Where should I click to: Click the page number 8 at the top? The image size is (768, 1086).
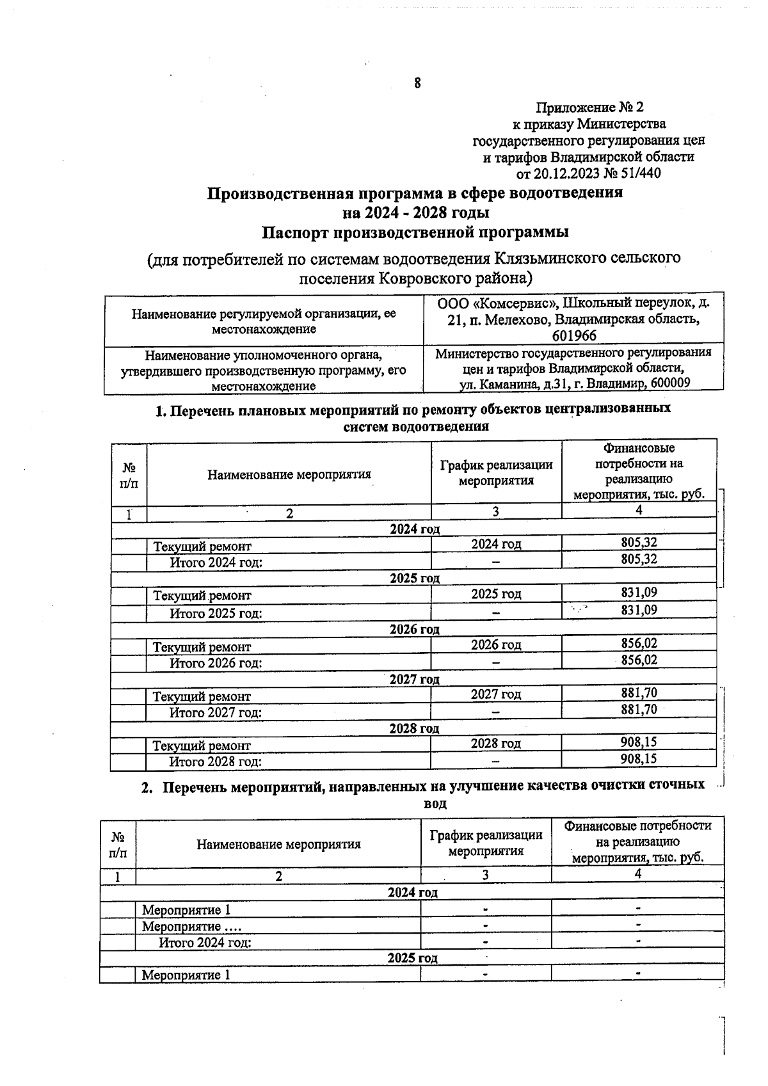tap(417, 83)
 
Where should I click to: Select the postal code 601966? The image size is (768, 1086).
tap(573, 336)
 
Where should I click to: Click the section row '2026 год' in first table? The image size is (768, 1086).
tap(414, 629)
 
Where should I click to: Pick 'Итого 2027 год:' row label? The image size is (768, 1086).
tap(215, 712)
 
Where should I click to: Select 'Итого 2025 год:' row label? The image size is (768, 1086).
tap(216, 613)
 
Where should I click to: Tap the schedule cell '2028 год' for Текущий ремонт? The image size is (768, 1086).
tap(495, 743)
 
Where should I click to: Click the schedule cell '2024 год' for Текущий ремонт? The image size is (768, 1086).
tap(496, 544)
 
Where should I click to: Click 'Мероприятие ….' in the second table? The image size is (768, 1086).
tap(192, 926)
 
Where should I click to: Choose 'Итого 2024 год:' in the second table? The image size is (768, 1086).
tap(205, 942)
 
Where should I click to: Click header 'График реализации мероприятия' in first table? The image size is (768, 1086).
tap(496, 472)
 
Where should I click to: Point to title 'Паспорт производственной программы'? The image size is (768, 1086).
tap(415, 232)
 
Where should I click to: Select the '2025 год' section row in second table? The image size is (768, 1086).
tap(412, 958)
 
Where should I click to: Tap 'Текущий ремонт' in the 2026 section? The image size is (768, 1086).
tap(202, 647)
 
